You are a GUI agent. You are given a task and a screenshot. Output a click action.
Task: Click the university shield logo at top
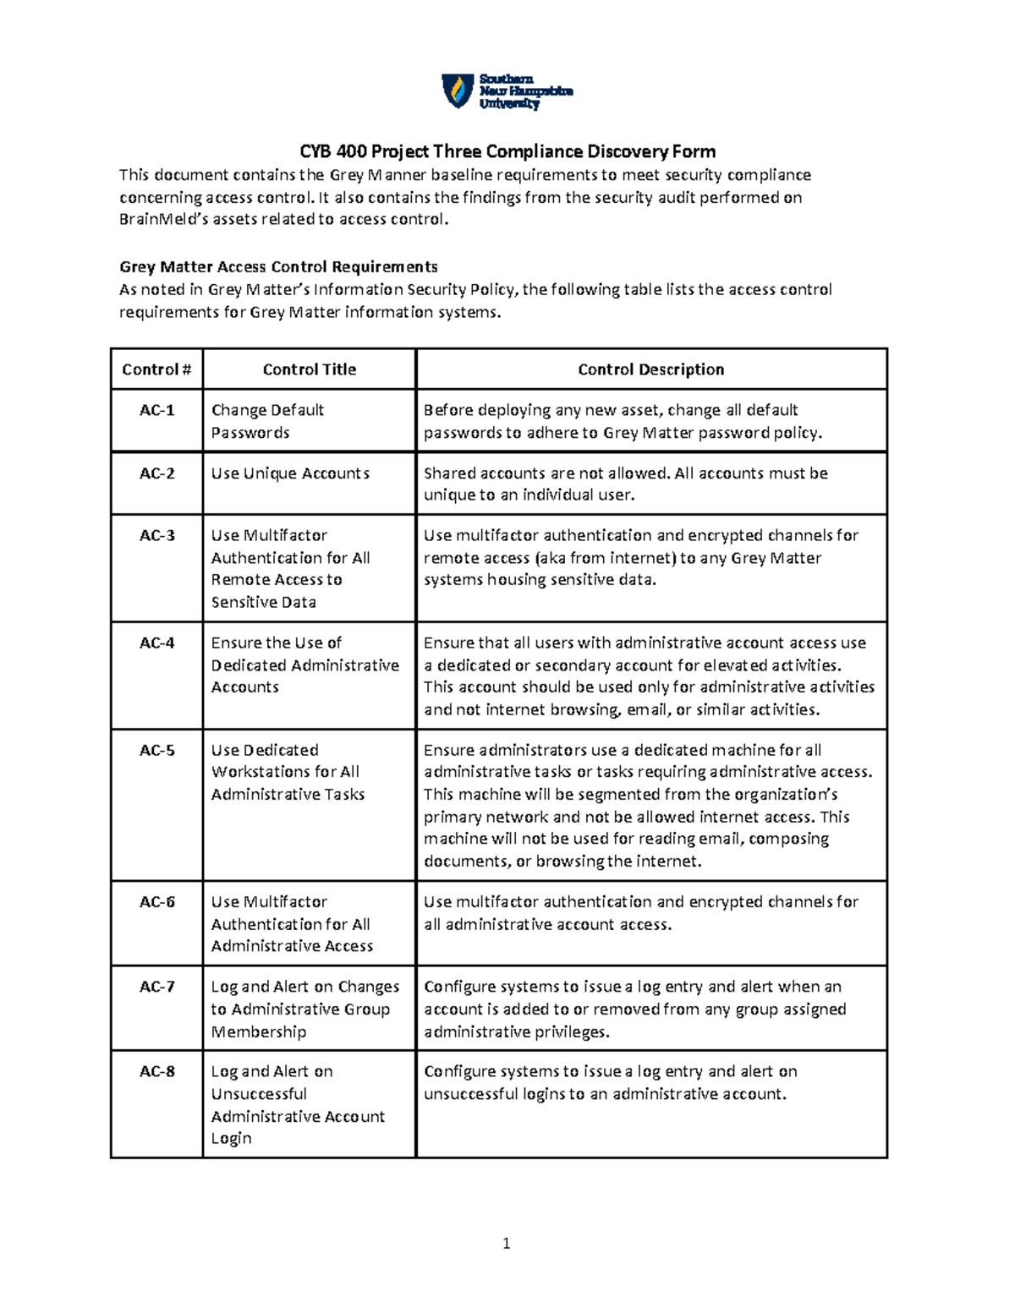458,90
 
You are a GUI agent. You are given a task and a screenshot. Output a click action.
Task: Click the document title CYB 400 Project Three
507,151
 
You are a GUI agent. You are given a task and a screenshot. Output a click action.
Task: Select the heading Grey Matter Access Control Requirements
278,267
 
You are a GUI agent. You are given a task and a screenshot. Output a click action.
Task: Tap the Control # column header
156,369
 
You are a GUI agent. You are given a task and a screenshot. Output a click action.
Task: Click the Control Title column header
309,369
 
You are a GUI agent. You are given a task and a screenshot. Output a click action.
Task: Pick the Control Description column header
650,369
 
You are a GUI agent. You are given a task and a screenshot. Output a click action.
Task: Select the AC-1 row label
156,410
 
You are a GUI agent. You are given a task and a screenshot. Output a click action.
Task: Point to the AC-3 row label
156,535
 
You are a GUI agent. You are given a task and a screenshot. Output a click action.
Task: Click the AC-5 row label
156,750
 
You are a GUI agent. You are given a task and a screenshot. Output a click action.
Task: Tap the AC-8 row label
156,1071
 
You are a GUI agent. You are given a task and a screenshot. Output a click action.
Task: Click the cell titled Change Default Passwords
267,421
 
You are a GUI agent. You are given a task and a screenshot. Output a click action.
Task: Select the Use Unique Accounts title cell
290,473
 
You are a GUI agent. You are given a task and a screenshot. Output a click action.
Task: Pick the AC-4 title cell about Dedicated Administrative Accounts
304,665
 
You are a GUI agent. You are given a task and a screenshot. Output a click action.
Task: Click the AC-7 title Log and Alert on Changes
304,1009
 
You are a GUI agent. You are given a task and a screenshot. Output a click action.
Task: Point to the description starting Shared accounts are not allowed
625,484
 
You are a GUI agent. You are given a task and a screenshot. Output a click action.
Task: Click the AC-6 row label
156,902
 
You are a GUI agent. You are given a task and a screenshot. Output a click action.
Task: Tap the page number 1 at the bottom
506,1243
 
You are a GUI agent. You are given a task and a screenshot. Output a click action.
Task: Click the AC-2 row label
156,473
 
